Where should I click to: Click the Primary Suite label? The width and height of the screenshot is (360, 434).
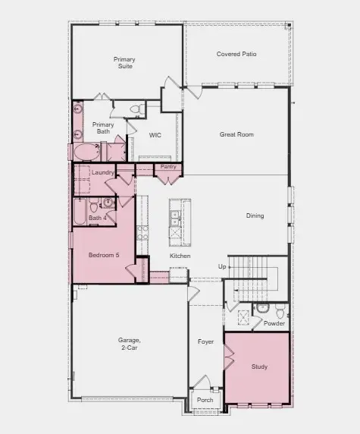tap(124, 62)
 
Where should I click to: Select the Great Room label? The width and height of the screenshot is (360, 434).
tap(236, 134)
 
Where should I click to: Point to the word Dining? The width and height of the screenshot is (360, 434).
tap(255, 215)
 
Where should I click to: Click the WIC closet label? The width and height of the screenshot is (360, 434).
tap(155, 135)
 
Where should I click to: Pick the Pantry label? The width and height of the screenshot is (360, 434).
tap(168, 166)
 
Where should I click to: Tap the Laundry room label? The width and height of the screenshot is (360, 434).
tap(102, 173)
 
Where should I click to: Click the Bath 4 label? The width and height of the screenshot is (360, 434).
tap(97, 218)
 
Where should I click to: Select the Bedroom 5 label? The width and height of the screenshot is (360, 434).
tap(104, 255)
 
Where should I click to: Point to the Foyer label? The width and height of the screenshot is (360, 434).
tap(206, 341)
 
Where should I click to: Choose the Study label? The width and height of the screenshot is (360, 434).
tap(259, 366)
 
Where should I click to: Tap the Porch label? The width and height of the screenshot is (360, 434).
tap(205, 401)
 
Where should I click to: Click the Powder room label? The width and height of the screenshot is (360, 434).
tap(274, 323)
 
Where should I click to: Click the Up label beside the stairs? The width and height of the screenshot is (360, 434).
tap(222, 266)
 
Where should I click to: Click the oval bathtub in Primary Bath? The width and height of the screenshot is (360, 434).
tap(84, 151)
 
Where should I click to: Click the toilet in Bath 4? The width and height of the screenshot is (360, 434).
tap(94, 206)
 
